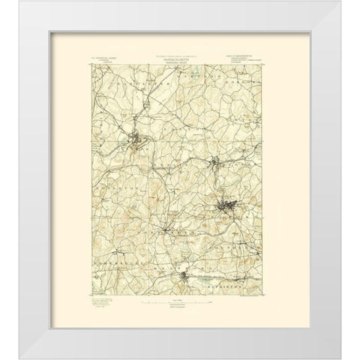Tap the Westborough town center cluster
click(187, 281)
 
